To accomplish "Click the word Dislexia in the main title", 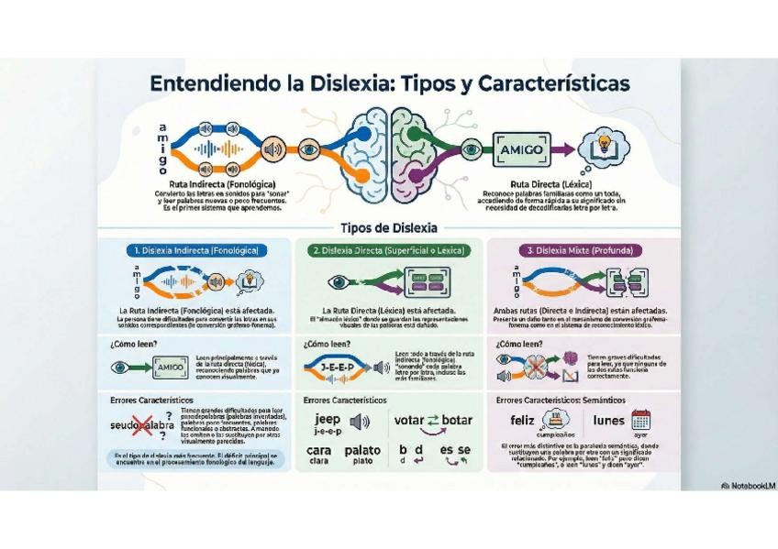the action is (x=343, y=83).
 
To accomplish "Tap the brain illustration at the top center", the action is (x=389, y=147).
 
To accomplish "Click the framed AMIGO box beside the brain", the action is (x=520, y=148).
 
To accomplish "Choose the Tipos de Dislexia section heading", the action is (x=388, y=227).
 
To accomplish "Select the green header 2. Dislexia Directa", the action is (x=389, y=249).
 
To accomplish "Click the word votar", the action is (x=408, y=421).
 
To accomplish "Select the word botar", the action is (x=456, y=421).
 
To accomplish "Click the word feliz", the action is (x=522, y=421).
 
